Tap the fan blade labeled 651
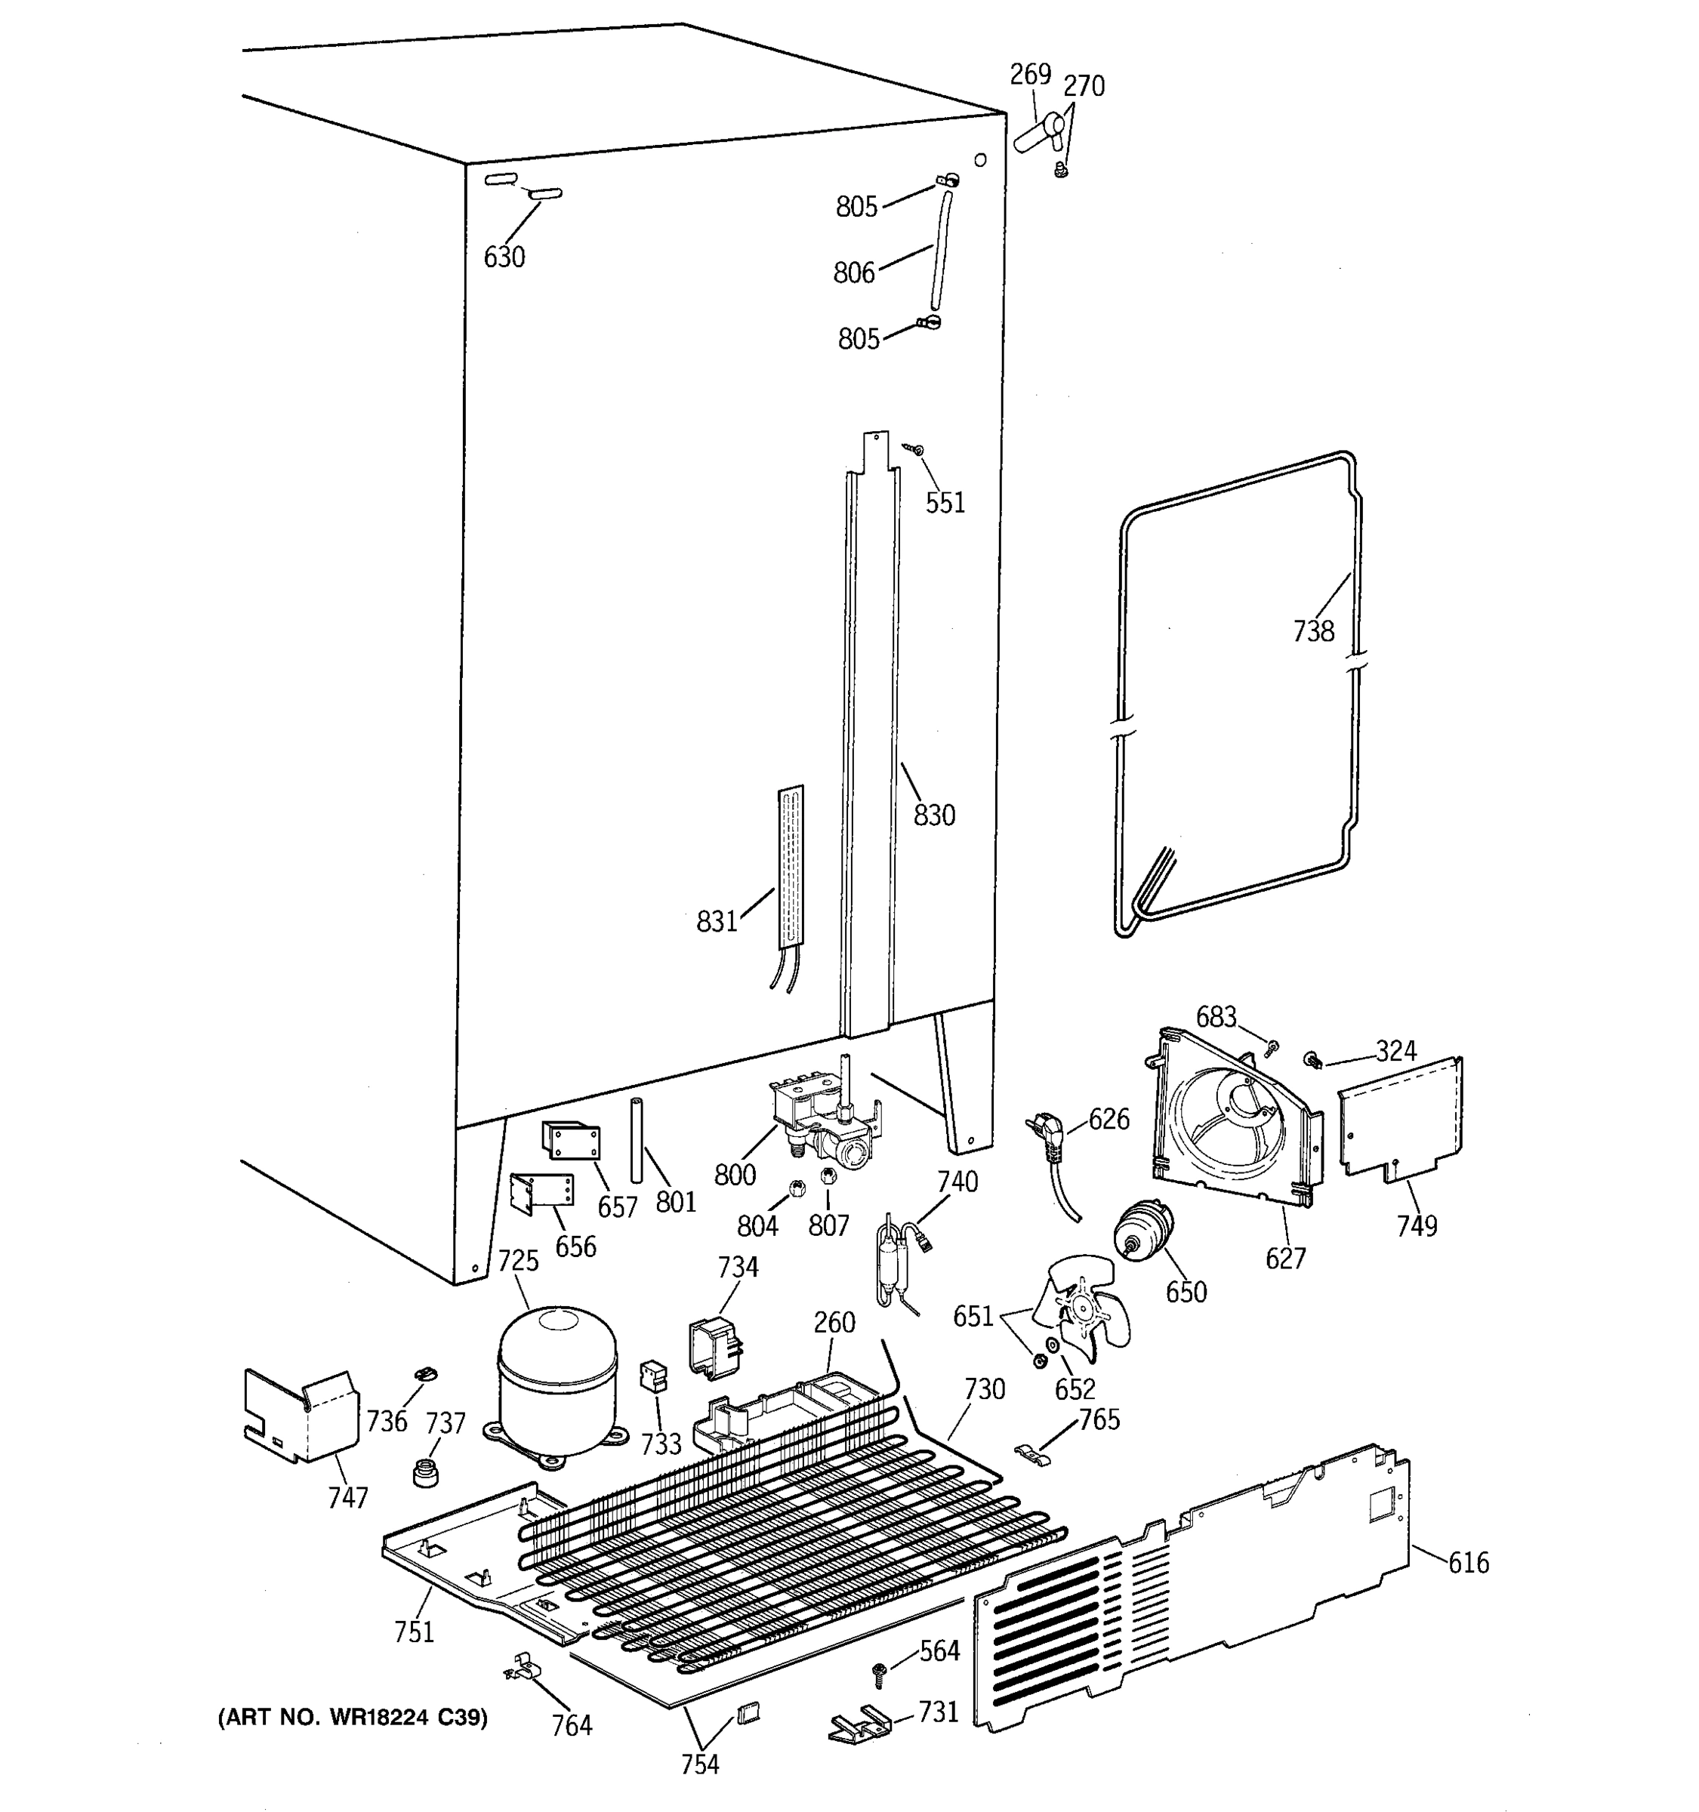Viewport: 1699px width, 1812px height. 1088,1308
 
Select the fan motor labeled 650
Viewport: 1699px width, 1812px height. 1141,1231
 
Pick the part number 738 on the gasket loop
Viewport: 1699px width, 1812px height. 1312,630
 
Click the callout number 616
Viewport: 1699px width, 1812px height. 1469,1562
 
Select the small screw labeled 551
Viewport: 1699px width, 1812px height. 913,448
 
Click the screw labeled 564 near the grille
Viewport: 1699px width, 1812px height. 880,1670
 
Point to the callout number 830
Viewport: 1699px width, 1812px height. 934,814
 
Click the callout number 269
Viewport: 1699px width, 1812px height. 1030,74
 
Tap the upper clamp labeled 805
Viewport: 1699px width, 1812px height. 946,180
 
